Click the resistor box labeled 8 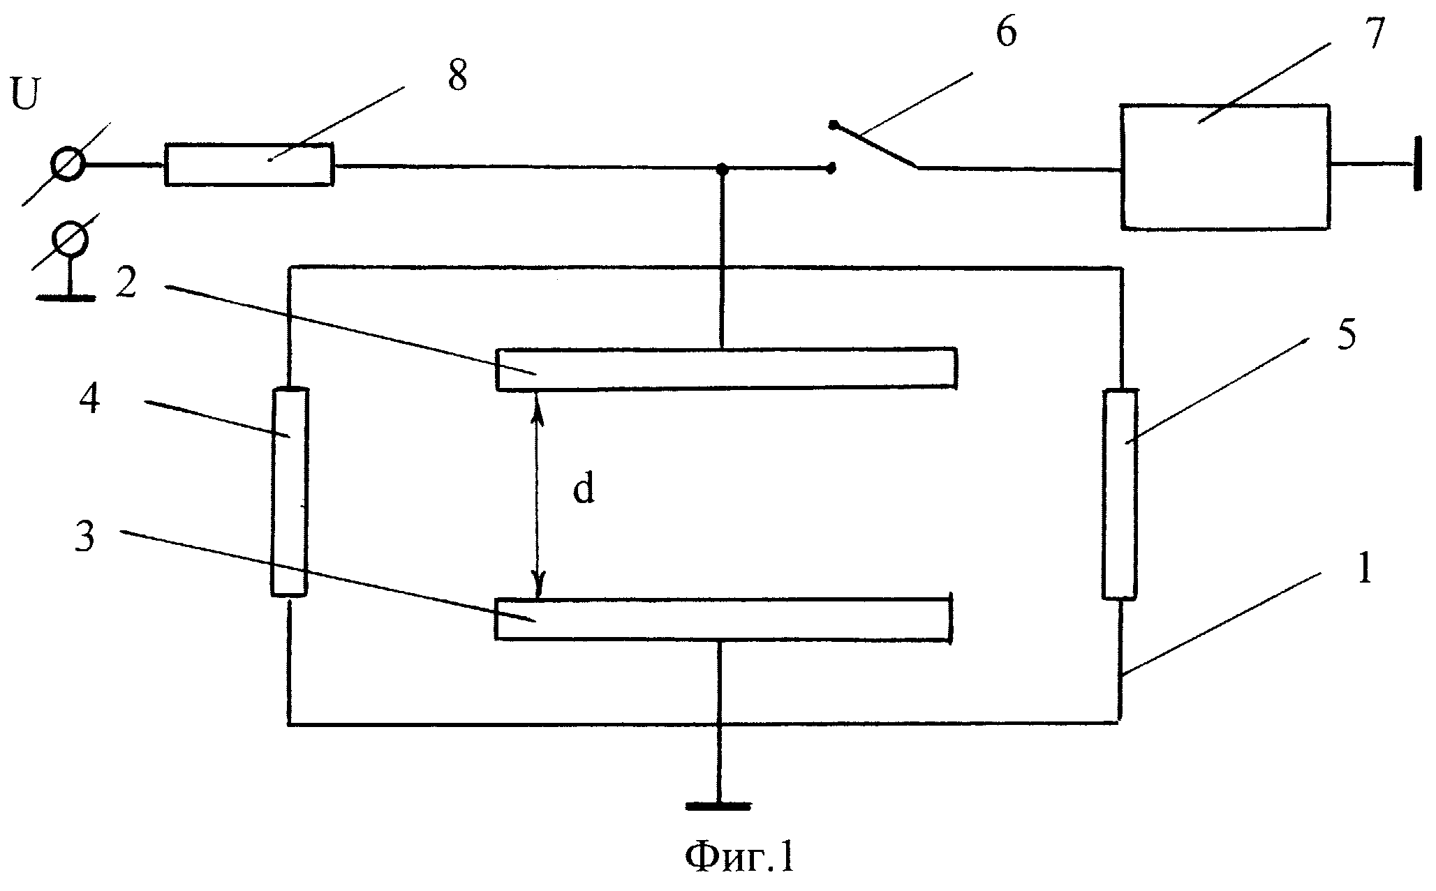(249, 165)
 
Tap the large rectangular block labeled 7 (1224, 167)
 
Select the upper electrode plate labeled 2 (726, 368)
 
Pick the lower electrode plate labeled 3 (722, 619)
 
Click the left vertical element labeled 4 (289, 493)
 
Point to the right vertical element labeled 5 (1119, 495)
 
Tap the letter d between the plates (584, 490)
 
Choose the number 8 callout (457, 75)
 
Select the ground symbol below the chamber (719, 806)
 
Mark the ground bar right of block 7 (1417, 165)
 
